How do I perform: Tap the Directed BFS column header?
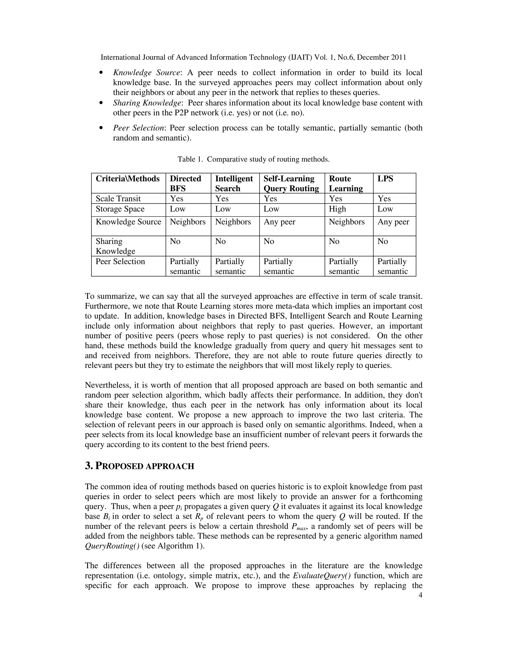click(x=185, y=183)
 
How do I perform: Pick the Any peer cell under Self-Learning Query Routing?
click(x=279, y=222)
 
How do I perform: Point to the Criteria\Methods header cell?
click(x=127, y=179)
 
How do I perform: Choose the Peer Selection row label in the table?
click(x=120, y=261)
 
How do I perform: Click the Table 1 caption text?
click(x=253, y=159)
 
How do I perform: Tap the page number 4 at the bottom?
click(x=420, y=595)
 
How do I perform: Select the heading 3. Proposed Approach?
click(x=139, y=466)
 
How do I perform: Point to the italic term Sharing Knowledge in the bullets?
click(x=147, y=103)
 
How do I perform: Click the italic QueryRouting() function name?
click(x=112, y=546)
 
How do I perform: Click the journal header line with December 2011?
click(x=253, y=57)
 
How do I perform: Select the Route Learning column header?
click(x=345, y=183)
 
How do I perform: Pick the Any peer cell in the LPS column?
click(x=393, y=222)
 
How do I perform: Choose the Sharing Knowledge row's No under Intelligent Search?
click(x=220, y=241)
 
